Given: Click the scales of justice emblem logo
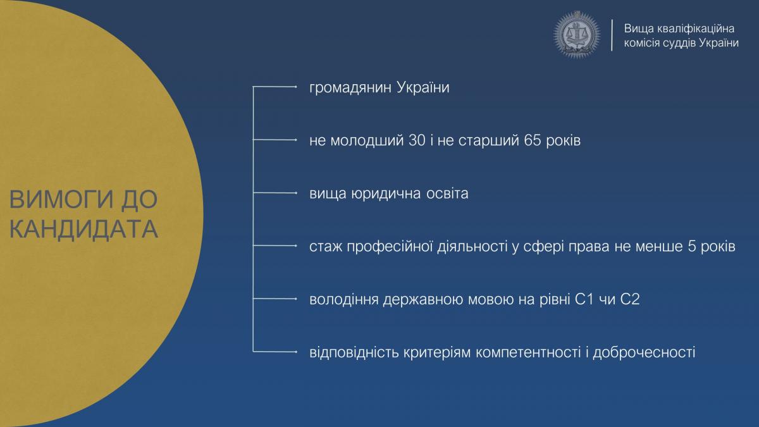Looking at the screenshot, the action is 577,35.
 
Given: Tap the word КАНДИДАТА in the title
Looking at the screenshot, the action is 83,229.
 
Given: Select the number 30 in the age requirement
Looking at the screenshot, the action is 417,140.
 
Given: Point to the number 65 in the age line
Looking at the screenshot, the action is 533,140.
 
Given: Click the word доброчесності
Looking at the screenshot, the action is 644,352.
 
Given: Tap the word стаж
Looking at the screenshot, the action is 325,246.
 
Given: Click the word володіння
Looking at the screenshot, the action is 343,300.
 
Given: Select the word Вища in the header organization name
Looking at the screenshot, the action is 638,29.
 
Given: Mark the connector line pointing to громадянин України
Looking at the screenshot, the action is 275,87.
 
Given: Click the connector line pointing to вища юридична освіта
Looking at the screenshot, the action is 275,193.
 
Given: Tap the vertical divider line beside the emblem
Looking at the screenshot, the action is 612,35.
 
